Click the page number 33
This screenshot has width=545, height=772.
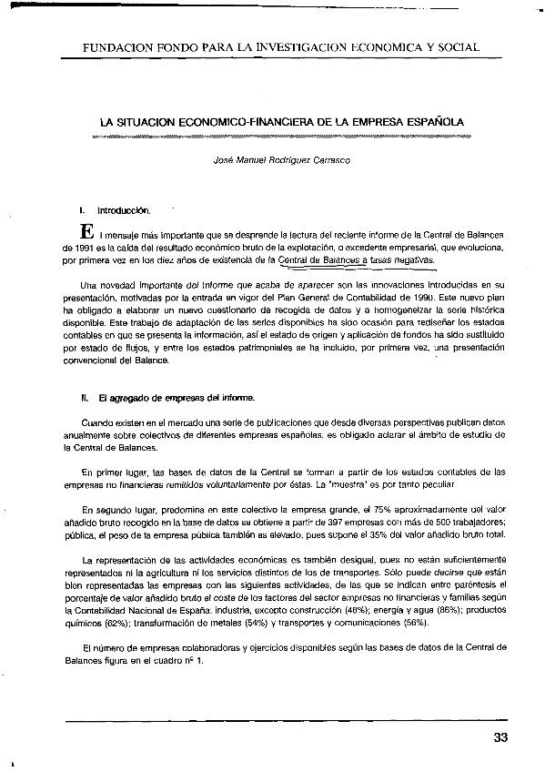pos(498,736)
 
